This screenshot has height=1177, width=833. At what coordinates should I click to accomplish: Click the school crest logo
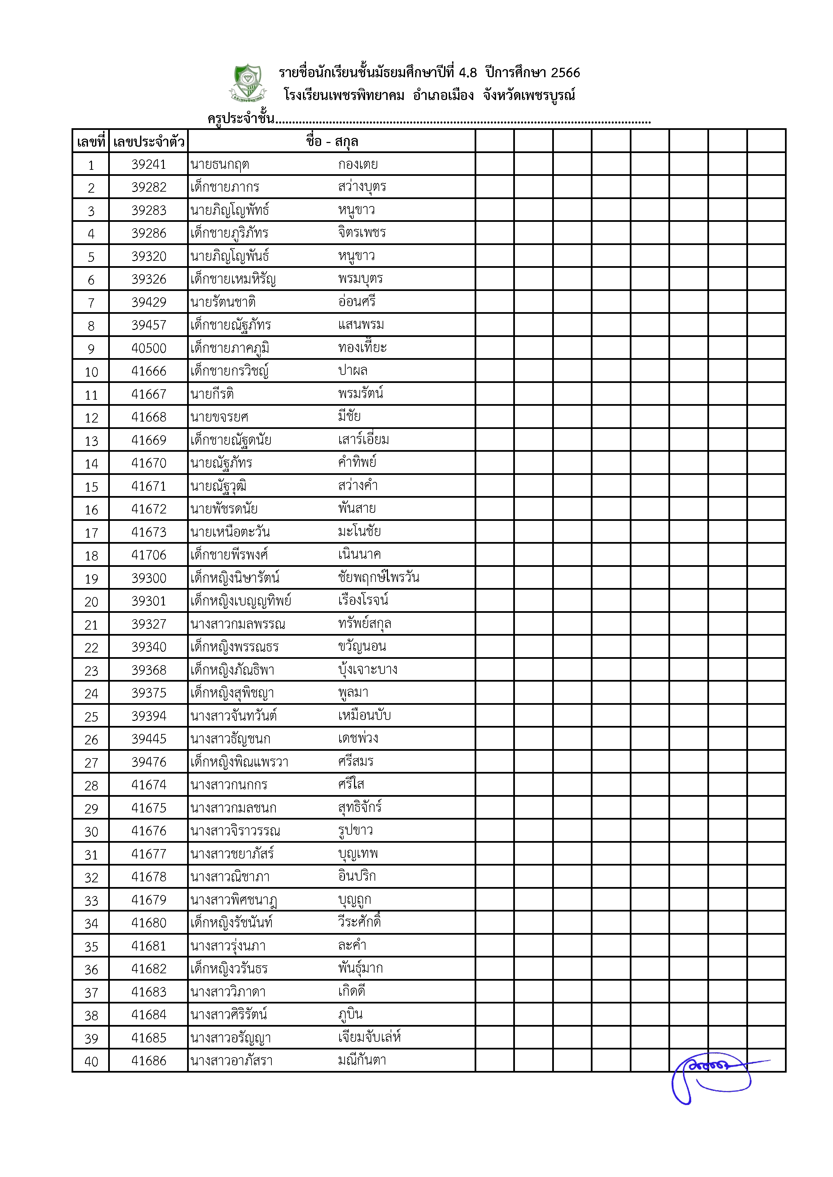(248, 82)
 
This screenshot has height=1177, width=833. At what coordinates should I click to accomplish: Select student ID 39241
(149, 164)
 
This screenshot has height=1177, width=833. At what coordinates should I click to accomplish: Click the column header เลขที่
(91, 142)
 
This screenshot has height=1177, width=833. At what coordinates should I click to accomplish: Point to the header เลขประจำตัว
(149, 142)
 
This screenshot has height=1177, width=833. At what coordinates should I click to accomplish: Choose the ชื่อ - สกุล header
(332, 142)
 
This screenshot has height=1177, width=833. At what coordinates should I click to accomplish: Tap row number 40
(91, 1061)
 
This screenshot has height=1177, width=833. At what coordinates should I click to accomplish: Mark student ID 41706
(149, 555)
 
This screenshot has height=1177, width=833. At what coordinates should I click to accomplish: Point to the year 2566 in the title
(565, 73)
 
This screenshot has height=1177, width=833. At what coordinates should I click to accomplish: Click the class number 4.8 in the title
(467, 73)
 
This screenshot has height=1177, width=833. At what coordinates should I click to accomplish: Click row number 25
(91, 717)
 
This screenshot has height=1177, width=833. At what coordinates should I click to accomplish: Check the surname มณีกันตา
(362, 1060)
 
